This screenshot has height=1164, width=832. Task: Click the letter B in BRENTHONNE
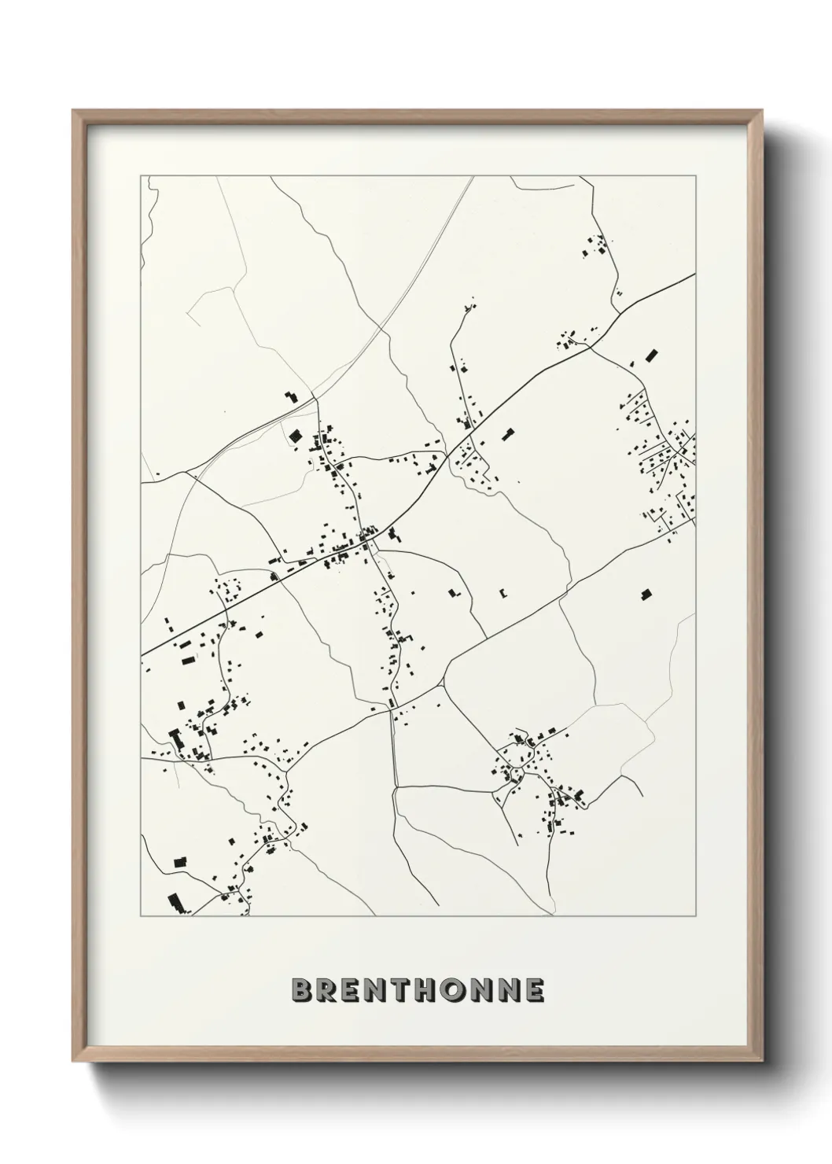pyautogui.click(x=302, y=990)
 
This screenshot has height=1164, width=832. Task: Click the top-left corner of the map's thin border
pyautogui.click(x=141, y=175)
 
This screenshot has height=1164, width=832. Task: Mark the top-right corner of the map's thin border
pyautogui.click(x=695, y=175)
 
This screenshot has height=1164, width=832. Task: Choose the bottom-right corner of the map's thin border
pyautogui.click(x=695, y=916)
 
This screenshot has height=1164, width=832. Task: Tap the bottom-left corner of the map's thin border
pyautogui.click(x=141, y=916)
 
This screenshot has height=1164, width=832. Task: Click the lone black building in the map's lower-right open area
pyautogui.click(x=646, y=595)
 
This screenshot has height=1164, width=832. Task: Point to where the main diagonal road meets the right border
pyautogui.click(x=694, y=274)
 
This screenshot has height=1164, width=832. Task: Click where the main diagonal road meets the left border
pyautogui.click(x=142, y=654)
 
